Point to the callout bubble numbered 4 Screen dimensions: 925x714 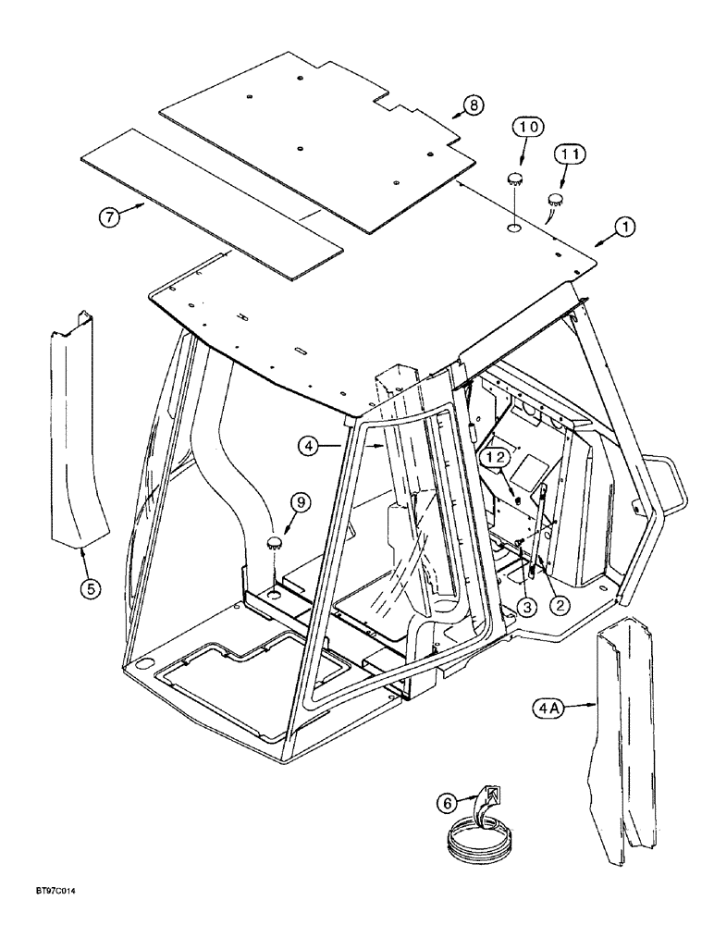click(310, 447)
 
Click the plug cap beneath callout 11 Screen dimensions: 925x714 click(558, 198)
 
